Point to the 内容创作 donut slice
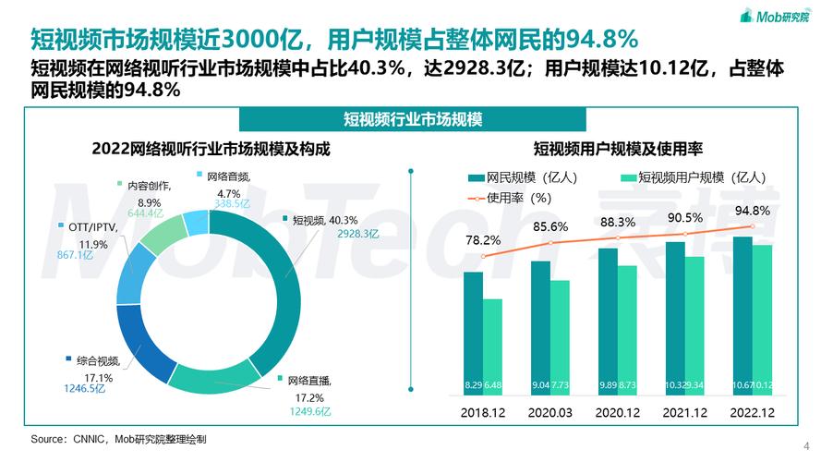(x=161, y=234)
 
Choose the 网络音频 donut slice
(x=195, y=221)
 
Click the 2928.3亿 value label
(x=332, y=234)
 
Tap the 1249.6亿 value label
(x=308, y=410)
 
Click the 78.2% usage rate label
(x=484, y=240)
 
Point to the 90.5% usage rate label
(x=684, y=217)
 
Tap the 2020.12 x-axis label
(x=617, y=412)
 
